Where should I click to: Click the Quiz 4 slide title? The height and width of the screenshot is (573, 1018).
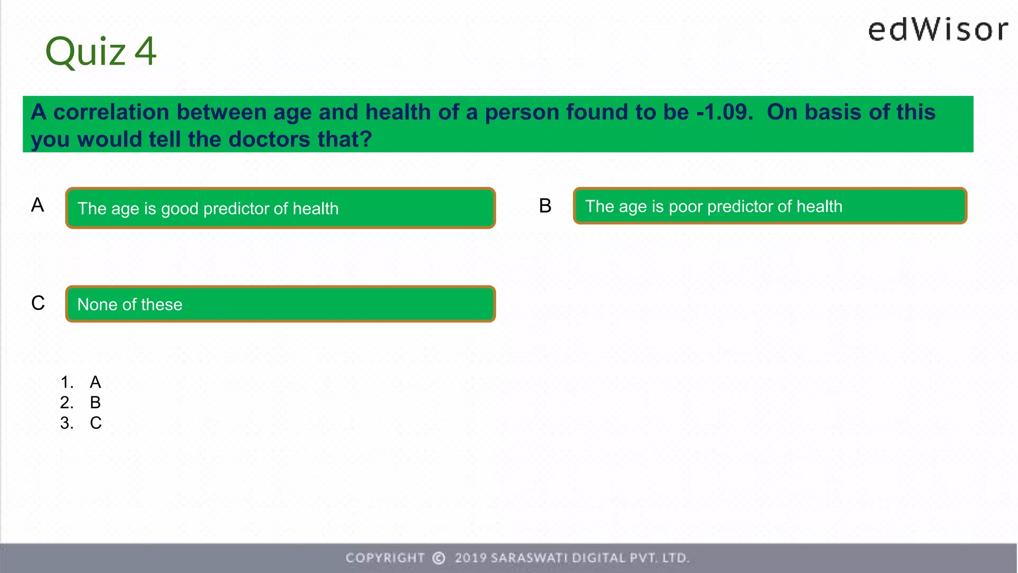(x=101, y=51)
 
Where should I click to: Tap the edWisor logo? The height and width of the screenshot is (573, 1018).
(x=938, y=30)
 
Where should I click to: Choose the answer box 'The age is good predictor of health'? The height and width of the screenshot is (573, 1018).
(x=280, y=208)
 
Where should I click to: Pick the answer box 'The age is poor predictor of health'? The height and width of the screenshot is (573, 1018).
(x=769, y=206)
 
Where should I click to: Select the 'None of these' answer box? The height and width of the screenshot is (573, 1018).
(x=280, y=304)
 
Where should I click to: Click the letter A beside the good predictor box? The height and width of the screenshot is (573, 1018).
(x=38, y=205)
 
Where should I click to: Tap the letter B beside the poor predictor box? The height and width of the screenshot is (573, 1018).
(x=545, y=206)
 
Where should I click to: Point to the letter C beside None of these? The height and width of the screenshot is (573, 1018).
(x=38, y=303)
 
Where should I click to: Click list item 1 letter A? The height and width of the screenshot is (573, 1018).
(x=95, y=382)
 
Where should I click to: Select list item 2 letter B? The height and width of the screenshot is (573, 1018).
(x=95, y=402)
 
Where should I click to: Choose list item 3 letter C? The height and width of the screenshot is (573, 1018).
(x=96, y=423)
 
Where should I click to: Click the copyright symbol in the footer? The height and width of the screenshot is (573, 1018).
(x=439, y=558)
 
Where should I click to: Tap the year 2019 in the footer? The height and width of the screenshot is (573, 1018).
(x=470, y=558)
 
